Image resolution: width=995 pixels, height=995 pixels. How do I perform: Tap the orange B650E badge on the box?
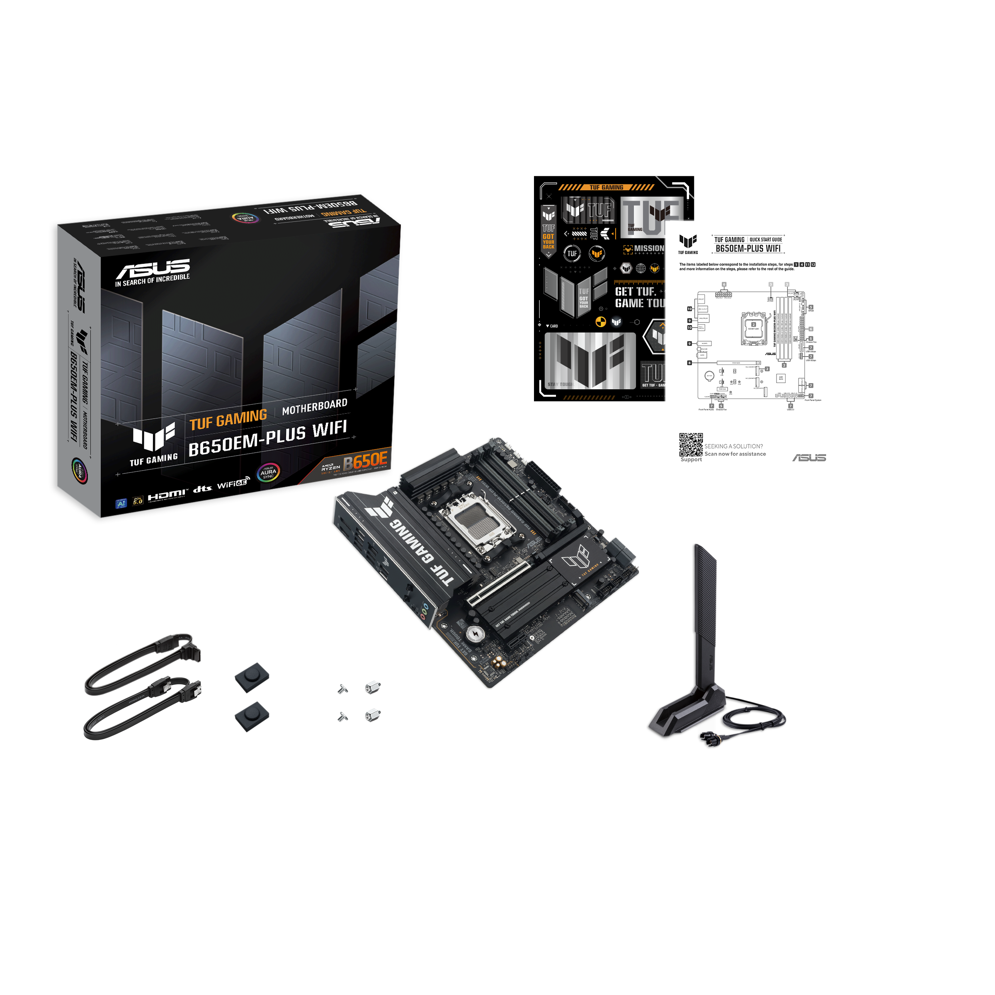[x=365, y=460]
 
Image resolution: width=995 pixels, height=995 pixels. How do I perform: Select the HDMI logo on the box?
[x=166, y=495]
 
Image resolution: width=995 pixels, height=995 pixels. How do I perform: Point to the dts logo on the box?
[x=202, y=488]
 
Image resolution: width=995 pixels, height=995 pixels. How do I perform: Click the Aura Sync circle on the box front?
[x=268, y=472]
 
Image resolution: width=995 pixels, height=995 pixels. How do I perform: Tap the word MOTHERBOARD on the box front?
[x=314, y=406]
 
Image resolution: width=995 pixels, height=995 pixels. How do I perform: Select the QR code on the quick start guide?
[x=691, y=444]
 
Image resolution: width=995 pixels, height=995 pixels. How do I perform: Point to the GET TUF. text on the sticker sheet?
[x=636, y=291]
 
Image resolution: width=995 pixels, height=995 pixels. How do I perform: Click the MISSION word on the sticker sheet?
[x=649, y=248]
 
